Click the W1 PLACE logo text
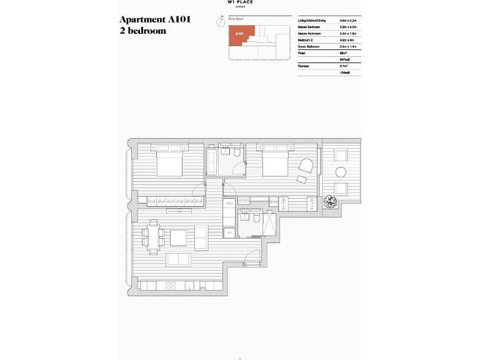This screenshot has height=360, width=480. click(x=241, y=3)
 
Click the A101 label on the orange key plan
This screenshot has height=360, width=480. click(x=239, y=33)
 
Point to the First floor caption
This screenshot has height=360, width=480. click(x=235, y=21)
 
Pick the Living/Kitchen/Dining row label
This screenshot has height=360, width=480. click(x=312, y=21)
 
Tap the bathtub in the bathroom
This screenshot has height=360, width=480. click(x=212, y=162)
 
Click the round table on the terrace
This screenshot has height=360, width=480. click(x=341, y=172)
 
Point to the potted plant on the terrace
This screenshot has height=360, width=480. click(x=329, y=202)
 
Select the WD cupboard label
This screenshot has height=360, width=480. click(x=229, y=204)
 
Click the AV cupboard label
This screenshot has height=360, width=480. click(x=229, y=234)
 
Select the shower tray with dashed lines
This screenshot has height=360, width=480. click(x=269, y=223)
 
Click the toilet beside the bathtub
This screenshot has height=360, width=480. click(x=238, y=154)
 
